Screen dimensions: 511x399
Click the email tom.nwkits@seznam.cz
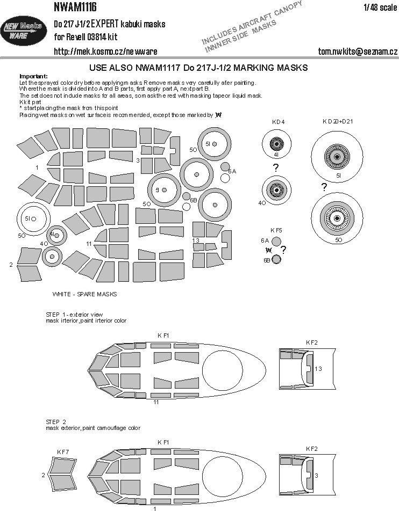pyautogui.click(x=358, y=52)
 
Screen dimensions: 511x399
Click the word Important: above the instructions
pyautogui.click(x=33, y=76)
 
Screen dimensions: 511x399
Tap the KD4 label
pyautogui.click(x=277, y=122)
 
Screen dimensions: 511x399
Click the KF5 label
pyautogui.click(x=276, y=230)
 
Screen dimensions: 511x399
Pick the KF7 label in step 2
pyautogui.click(x=63, y=452)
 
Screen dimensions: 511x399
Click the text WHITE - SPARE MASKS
pyautogui.click(x=84, y=294)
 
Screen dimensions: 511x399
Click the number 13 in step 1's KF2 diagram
pyautogui.click(x=318, y=368)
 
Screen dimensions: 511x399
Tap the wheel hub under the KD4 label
pyautogui.click(x=276, y=144)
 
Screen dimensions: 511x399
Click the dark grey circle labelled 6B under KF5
pyautogui.click(x=276, y=260)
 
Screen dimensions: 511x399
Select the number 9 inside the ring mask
pyautogui.click(x=158, y=190)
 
